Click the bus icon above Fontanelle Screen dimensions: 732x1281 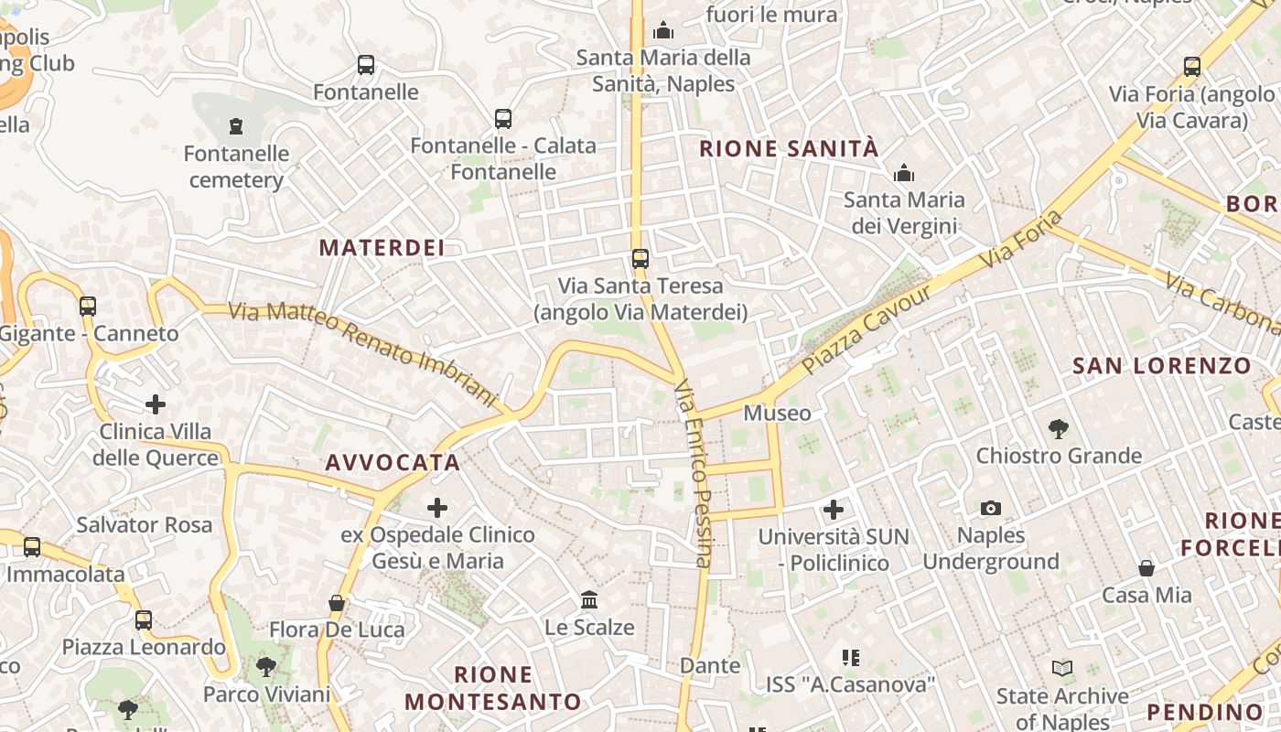[x=366, y=65]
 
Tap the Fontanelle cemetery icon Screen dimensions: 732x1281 [x=237, y=125]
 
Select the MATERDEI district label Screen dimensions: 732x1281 [x=382, y=247]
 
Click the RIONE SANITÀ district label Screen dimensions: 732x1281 [x=789, y=149]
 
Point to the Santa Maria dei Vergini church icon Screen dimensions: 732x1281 [x=904, y=173]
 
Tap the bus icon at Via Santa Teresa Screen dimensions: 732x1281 [x=640, y=259]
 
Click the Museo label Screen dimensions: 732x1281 [x=777, y=413]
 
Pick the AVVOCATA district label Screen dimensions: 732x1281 [x=393, y=462]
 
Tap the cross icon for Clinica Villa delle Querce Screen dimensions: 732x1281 [x=156, y=404]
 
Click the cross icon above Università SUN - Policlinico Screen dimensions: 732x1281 [x=834, y=509]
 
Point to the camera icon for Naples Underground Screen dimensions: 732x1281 [x=990, y=508]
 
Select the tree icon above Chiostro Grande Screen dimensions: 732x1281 [x=1059, y=427]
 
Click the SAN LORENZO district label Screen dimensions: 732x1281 [x=1161, y=366]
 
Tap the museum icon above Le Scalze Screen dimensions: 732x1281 [x=589, y=600]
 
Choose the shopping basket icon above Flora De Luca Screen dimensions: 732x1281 [x=337, y=603]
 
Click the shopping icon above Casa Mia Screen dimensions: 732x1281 [x=1146, y=568]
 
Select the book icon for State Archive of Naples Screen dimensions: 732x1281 [x=1062, y=669]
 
